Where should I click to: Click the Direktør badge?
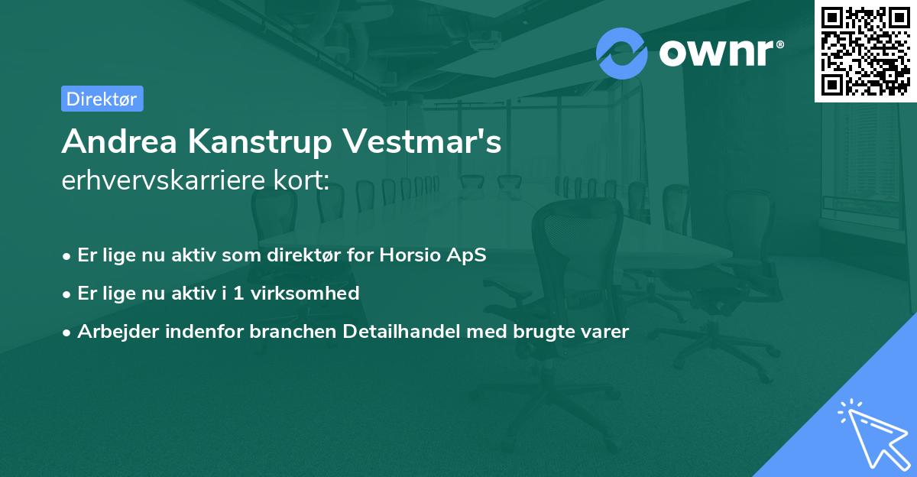(x=102, y=99)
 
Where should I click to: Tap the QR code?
(x=865, y=50)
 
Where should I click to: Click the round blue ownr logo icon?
(x=622, y=53)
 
